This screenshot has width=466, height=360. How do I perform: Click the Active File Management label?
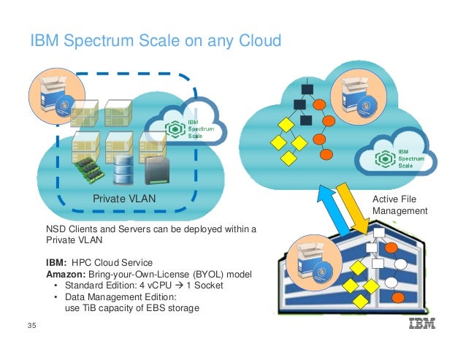pos(400,205)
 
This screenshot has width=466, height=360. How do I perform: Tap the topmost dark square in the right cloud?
pos(307,90)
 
